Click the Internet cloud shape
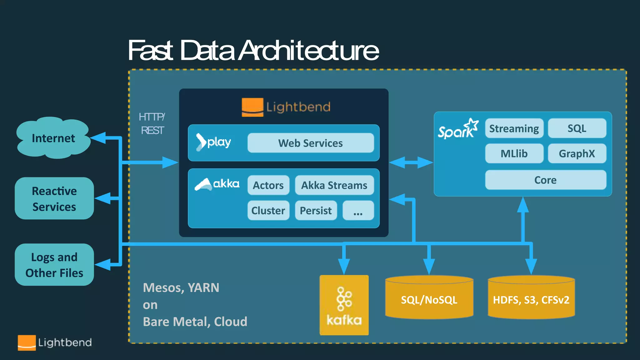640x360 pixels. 53,138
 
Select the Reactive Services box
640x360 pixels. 54,198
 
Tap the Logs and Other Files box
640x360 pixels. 54,265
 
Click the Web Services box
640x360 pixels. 310,143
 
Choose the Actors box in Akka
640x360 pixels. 268,185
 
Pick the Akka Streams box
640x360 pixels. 334,185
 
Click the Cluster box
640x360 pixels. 268,211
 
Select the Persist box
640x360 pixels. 316,211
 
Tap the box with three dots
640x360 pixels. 358,211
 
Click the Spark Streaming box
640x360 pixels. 514,128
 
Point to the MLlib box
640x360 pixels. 514,153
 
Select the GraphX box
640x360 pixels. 577,153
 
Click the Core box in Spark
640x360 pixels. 545,180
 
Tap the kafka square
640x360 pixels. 344,305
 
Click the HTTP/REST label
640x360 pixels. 152,123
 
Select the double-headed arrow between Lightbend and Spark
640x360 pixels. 411,162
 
